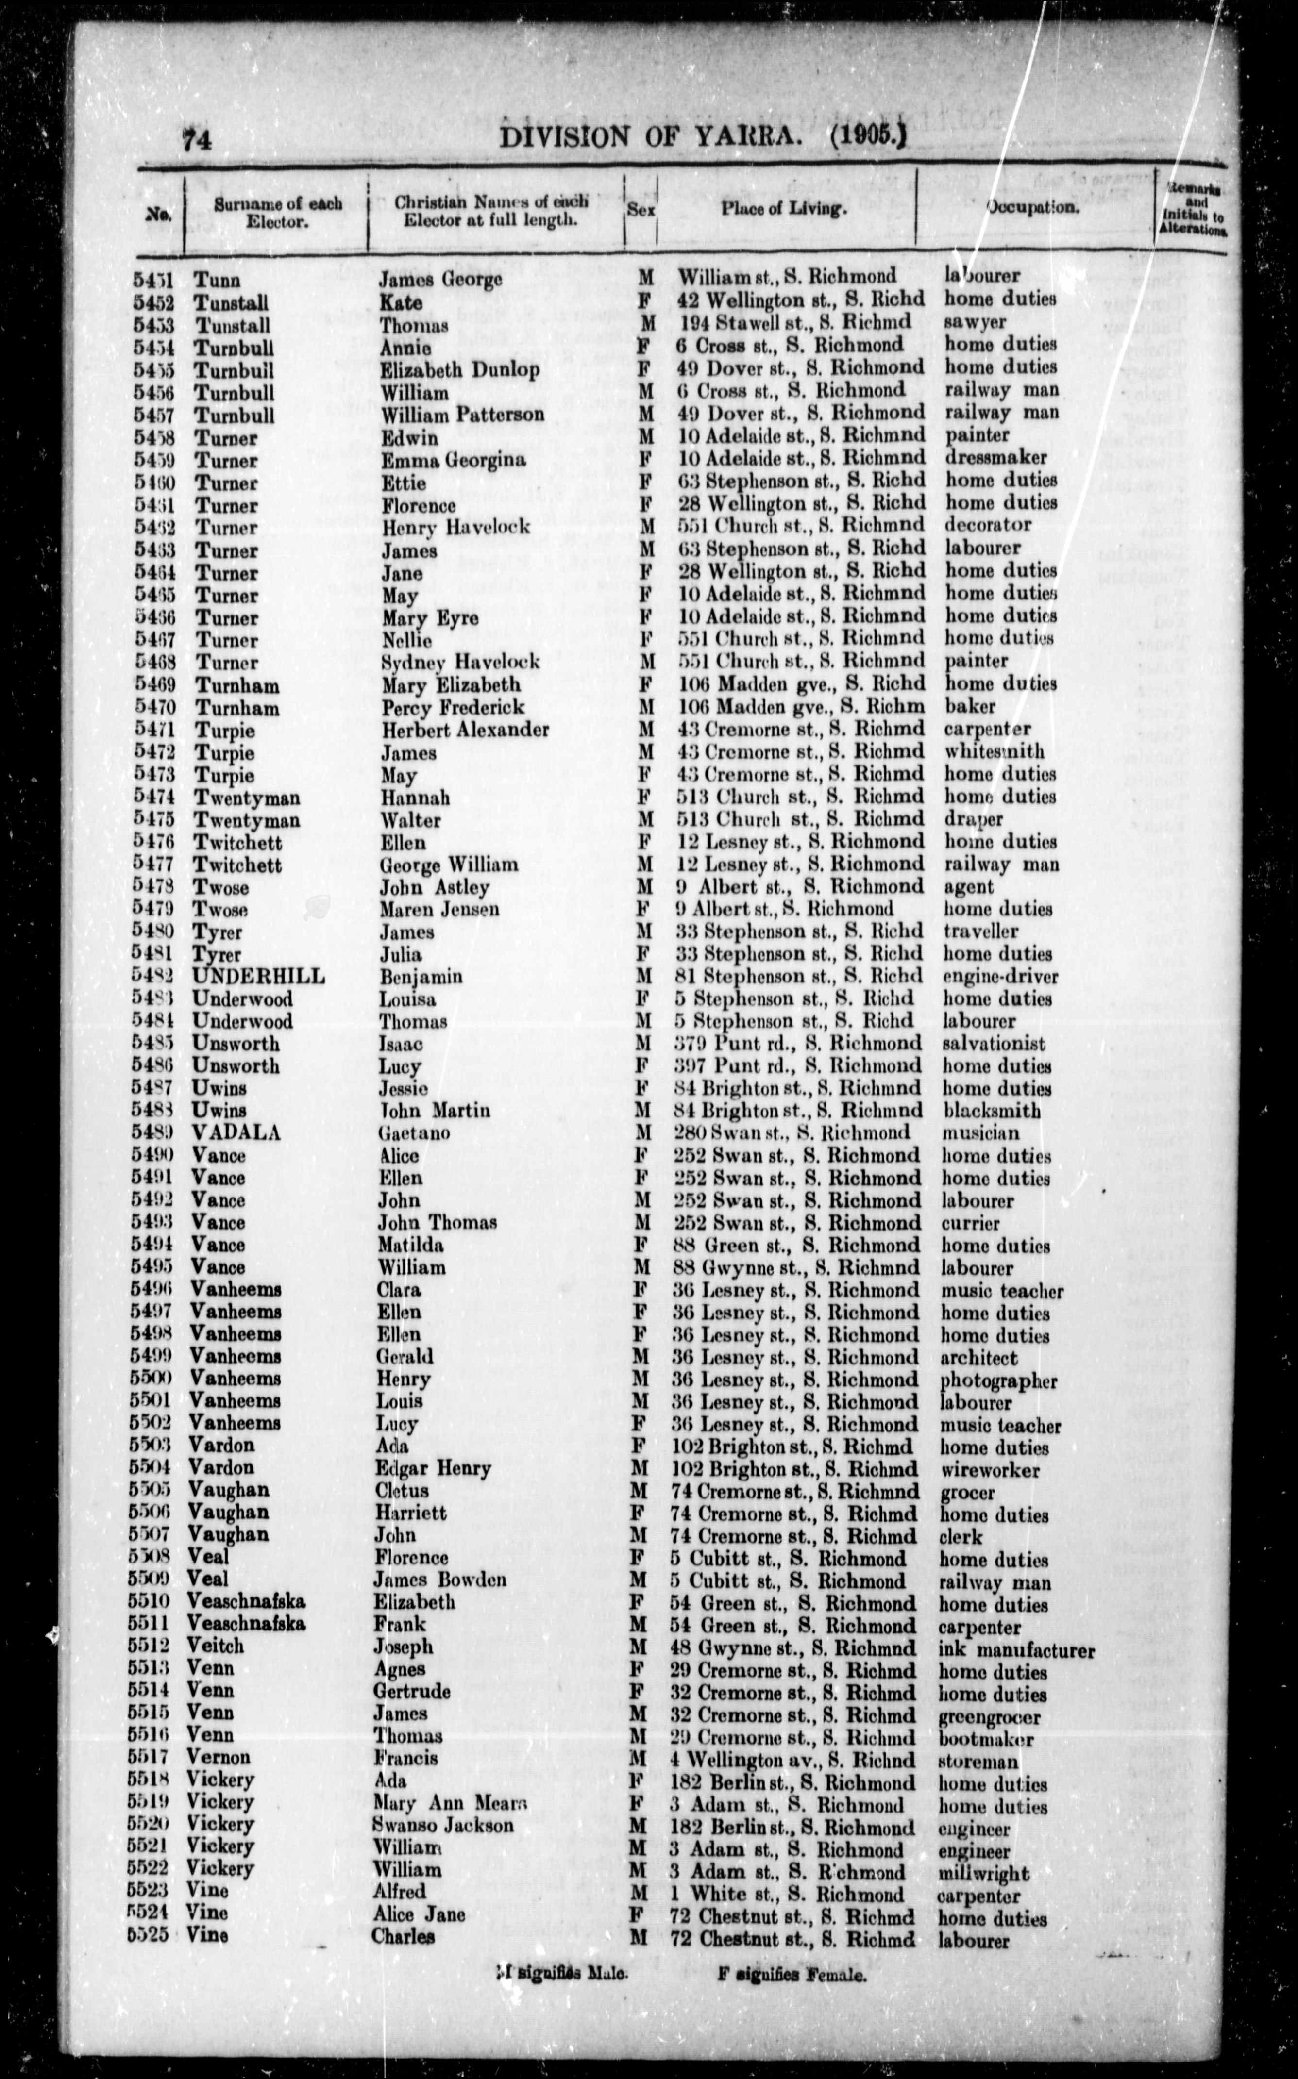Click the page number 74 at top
point(197,138)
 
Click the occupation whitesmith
point(994,751)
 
